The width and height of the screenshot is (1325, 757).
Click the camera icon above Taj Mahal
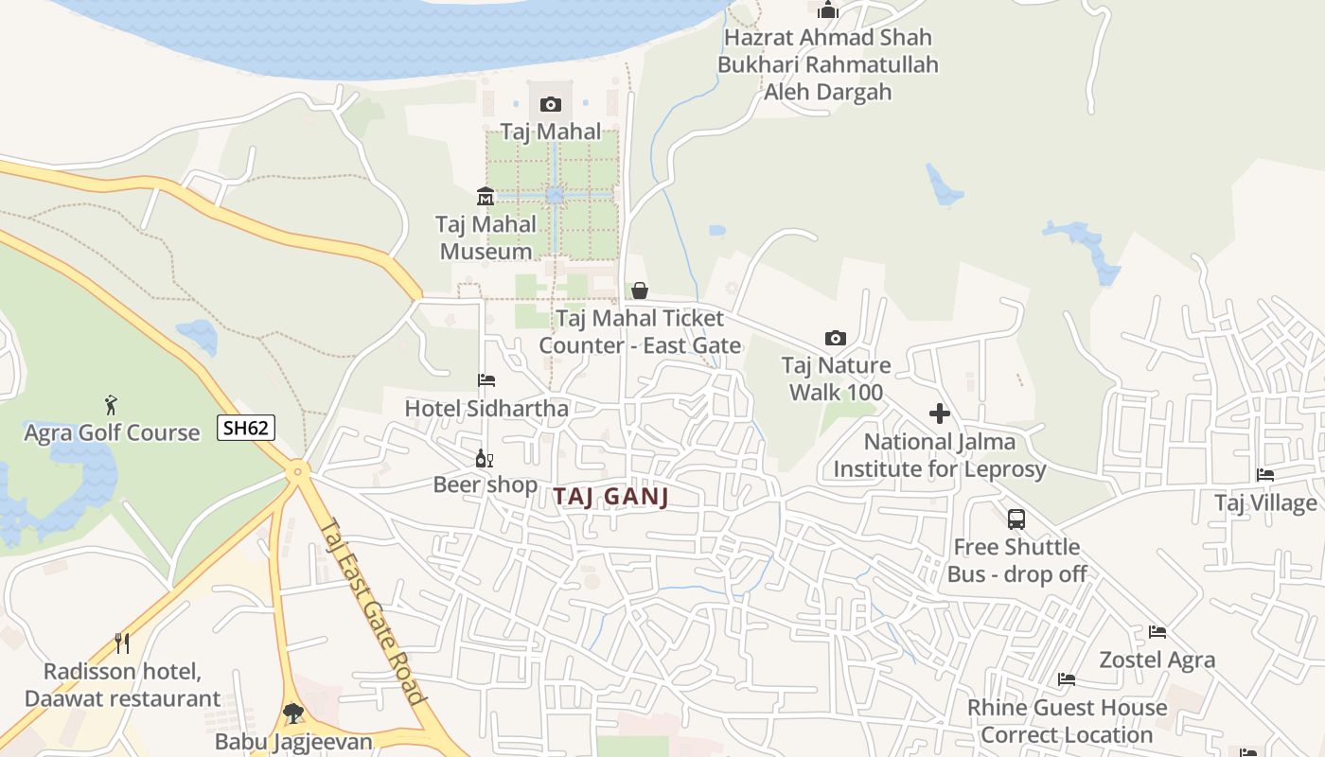551,104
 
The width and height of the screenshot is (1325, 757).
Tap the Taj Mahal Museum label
486,238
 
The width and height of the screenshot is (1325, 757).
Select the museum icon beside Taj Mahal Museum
486,196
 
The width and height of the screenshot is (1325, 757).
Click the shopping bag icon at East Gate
640,290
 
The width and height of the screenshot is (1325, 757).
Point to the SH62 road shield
246,428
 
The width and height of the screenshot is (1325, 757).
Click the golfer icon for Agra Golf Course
111,405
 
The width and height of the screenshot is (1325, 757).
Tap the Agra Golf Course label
112,433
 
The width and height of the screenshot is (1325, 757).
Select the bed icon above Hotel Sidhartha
486,380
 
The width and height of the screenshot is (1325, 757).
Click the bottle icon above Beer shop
485,458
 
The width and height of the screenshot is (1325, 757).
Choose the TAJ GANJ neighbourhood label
611,497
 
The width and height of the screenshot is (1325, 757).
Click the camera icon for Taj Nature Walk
836,338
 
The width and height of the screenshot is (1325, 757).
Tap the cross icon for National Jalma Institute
940,414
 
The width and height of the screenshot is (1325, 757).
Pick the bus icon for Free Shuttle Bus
1016,519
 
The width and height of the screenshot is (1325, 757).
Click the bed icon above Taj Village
1265,475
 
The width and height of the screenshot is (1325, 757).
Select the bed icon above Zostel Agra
1157,632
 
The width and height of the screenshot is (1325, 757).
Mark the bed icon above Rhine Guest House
1067,679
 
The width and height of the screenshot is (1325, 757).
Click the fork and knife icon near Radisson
122,643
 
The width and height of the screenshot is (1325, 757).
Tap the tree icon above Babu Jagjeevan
293,713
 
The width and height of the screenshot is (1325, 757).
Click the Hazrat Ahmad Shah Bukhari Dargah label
828,64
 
